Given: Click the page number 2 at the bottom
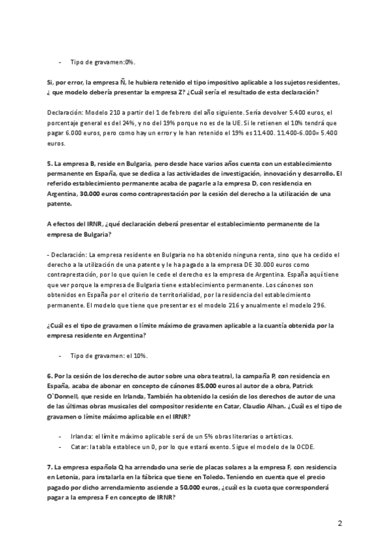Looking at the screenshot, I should pos(339,523).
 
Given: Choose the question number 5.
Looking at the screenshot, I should pos(49,163).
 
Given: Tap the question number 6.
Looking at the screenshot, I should pos(49,376).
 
